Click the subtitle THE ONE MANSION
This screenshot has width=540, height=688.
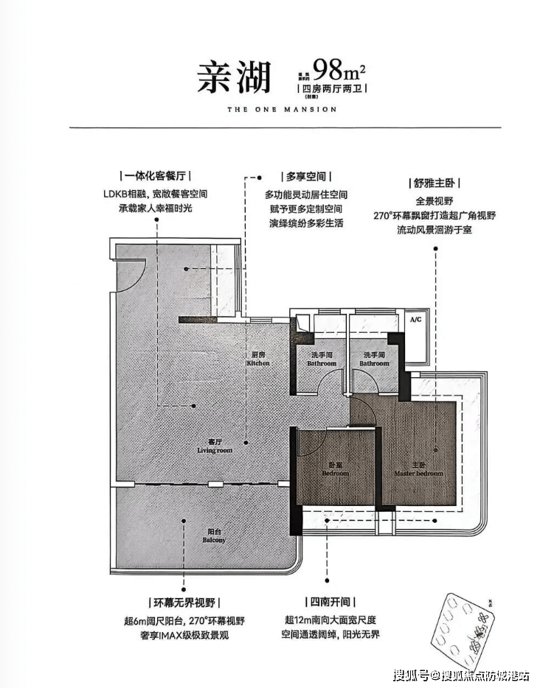click(x=272, y=109)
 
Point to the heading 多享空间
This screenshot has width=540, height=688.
click(x=305, y=177)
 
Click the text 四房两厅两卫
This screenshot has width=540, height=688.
click(x=331, y=88)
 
